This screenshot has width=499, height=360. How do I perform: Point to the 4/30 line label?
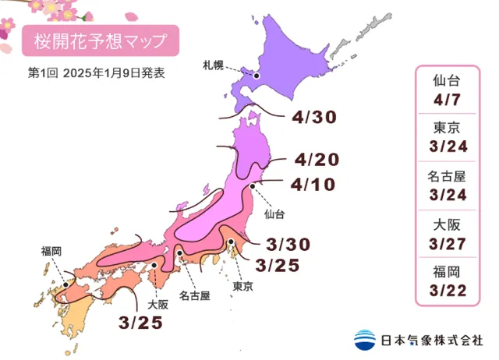tap(316, 118)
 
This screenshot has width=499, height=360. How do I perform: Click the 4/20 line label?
tap(317, 161)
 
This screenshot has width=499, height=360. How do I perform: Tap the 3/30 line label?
tap(285, 244)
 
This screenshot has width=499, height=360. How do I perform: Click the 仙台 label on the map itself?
tap(274, 213)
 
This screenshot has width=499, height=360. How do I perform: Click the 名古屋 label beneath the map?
tap(195, 296)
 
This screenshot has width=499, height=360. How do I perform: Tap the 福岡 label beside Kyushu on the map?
tap(52, 251)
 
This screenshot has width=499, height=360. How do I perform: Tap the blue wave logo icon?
tap(365, 341)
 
